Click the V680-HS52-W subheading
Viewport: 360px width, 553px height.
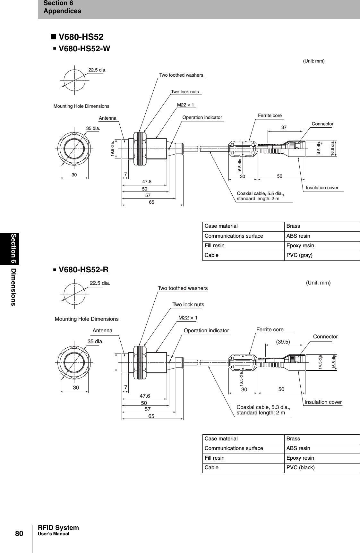tap(84, 49)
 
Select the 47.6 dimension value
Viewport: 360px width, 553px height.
tap(145, 396)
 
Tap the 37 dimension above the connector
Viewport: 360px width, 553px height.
tap(284, 127)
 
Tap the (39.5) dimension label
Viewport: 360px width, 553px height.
tap(283, 342)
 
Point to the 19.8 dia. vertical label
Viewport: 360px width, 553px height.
tap(113, 149)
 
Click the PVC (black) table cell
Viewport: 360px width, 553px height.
tap(300, 467)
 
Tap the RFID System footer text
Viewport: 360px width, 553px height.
tap(58, 528)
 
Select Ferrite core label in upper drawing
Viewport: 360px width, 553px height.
tap(270, 115)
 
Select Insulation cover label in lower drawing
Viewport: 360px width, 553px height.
tap(323, 402)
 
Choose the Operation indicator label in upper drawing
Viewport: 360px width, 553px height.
tap(202, 117)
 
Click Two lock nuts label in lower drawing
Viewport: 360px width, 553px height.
tap(188, 304)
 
